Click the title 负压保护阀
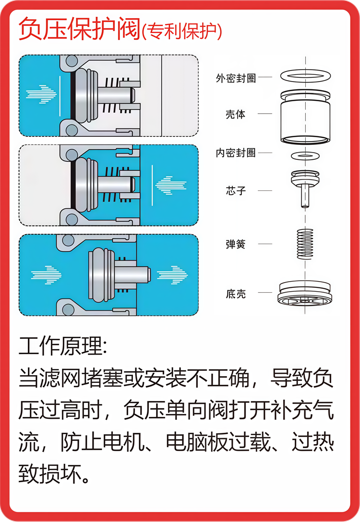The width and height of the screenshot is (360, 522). pos(80,30)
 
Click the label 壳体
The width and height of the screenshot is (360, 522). pos(236,115)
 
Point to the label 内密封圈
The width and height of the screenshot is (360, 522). pos(236,153)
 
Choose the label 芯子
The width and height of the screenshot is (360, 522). pos(236,190)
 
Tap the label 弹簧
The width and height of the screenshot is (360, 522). pos(236,244)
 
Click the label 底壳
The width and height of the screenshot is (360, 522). pos(236,293)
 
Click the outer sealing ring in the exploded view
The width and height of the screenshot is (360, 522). pos(306,75)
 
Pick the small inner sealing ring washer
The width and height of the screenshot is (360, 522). pos(306,155)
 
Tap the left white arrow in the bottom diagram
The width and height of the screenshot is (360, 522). pos(47,274)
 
